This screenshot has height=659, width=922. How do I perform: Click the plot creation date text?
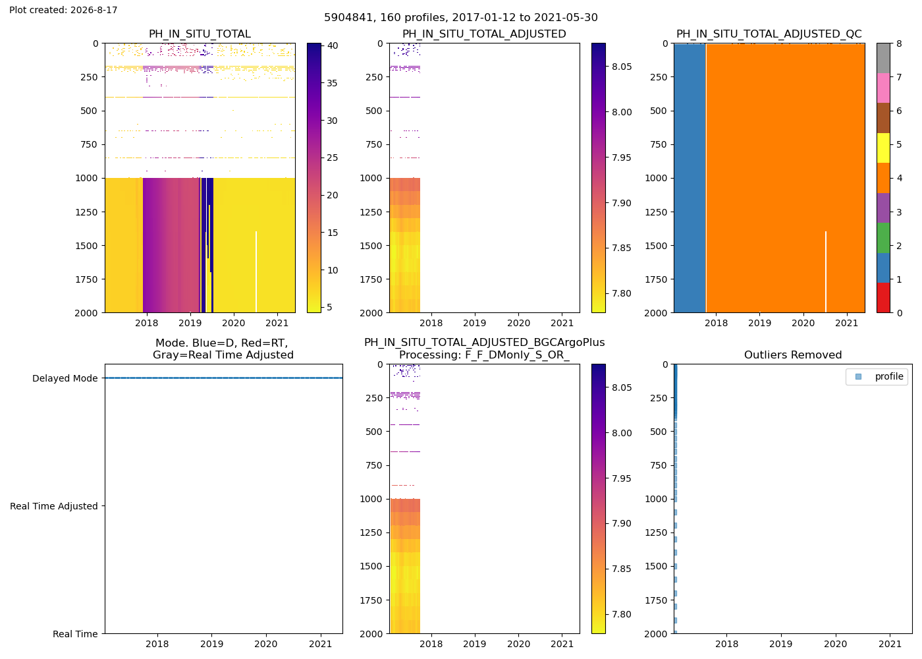[63, 10]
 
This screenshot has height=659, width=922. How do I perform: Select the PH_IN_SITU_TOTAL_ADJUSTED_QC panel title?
[769, 34]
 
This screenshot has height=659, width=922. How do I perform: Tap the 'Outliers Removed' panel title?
[793, 355]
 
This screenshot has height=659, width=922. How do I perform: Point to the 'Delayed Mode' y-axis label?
[65, 378]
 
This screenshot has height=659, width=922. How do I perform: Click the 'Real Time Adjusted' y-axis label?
[54, 506]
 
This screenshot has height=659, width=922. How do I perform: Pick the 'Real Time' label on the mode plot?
[75, 634]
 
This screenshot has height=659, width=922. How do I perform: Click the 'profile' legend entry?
[889, 376]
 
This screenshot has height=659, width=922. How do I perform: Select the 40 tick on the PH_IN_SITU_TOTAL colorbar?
[332, 45]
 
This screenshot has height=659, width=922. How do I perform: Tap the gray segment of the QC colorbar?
[883, 58]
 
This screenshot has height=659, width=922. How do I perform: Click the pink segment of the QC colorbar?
[883, 88]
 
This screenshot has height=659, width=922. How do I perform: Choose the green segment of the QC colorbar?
[883, 238]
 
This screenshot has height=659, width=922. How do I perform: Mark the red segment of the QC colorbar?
[883, 298]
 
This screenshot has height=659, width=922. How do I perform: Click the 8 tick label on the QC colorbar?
[899, 43]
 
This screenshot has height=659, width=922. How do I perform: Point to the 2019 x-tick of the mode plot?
[211, 644]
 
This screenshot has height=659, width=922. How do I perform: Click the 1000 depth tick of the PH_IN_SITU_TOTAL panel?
[87, 179]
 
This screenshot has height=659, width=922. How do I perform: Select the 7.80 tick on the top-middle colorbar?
[622, 293]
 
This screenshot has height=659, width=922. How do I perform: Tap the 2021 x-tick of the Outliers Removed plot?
[890, 644]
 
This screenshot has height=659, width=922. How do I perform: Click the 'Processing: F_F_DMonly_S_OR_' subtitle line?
[485, 355]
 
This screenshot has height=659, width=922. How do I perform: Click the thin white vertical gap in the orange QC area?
[826, 272]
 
